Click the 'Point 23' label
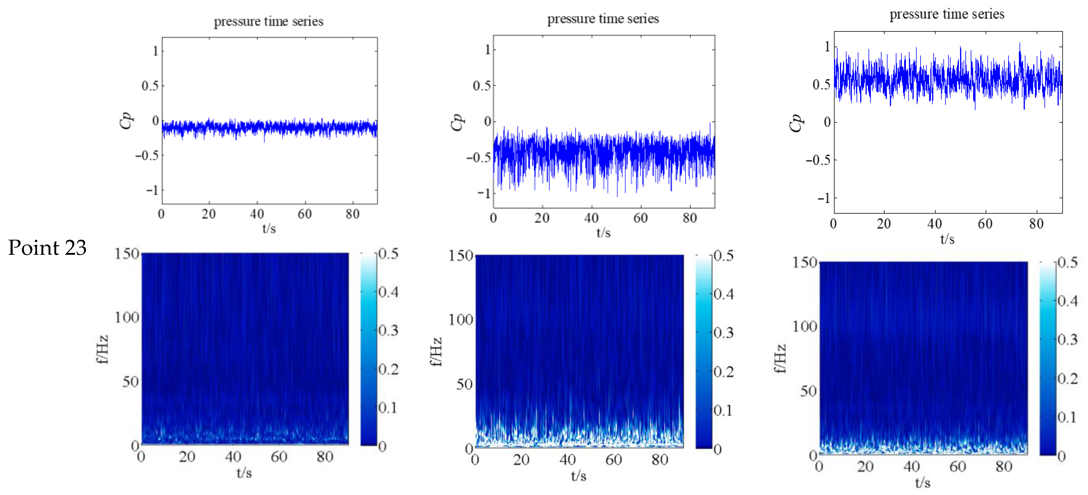click(47, 247)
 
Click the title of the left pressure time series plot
click(269, 21)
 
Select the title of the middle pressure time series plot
click(603, 18)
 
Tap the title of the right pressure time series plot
click(947, 14)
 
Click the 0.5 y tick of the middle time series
click(482, 86)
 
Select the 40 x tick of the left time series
click(257, 214)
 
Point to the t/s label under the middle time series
click(603, 233)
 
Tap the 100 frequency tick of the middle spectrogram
click(460, 320)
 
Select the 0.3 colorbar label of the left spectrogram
click(388, 330)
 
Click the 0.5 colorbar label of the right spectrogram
click(1067, 262)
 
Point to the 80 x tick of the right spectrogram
click(1004, 467)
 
